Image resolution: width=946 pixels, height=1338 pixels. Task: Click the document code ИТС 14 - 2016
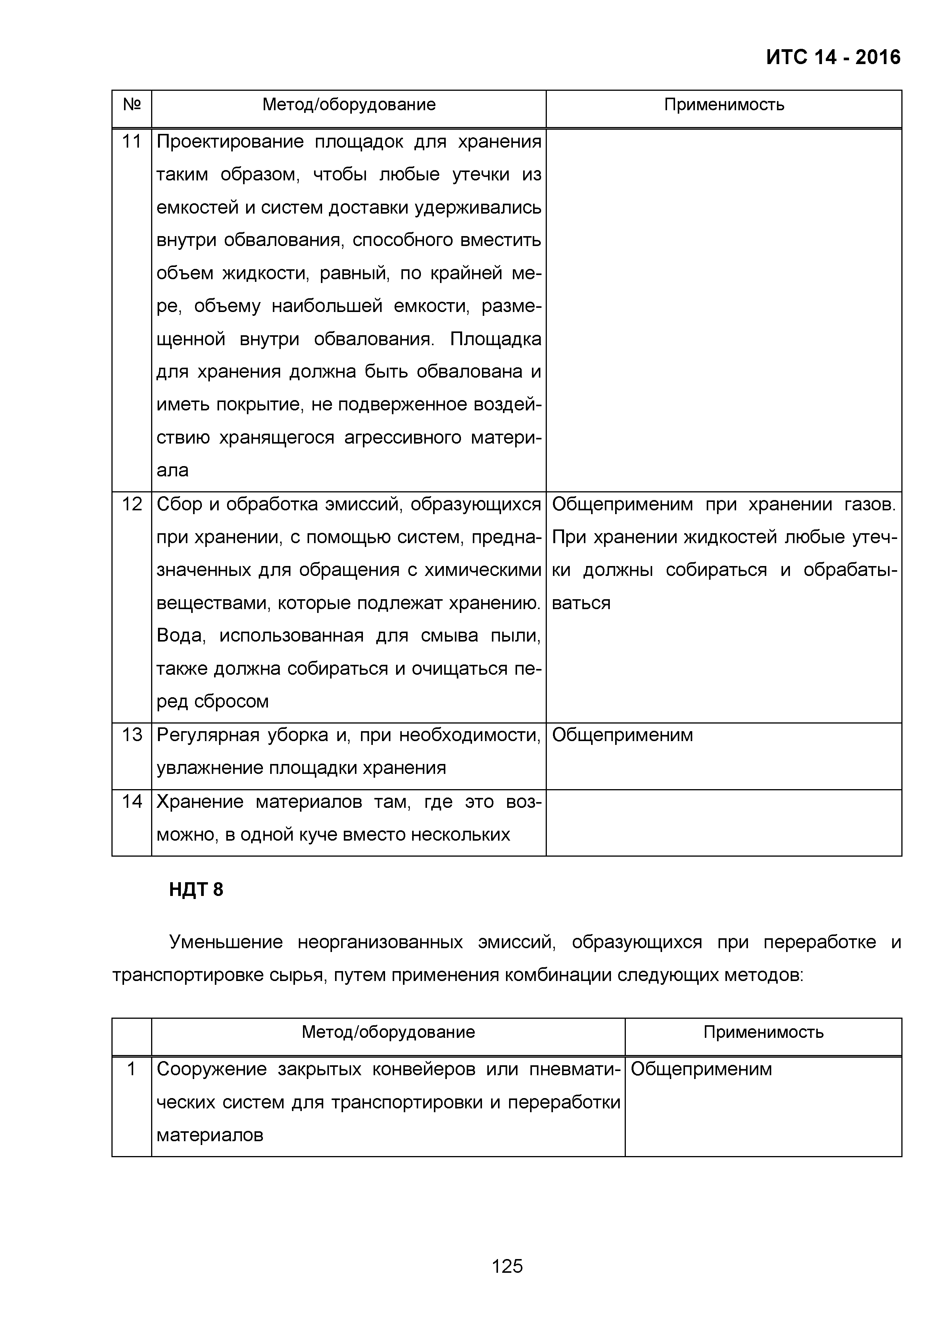point(833,57)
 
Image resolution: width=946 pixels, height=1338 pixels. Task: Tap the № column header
point(132,105)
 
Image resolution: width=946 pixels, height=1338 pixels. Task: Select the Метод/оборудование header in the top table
point(348,105)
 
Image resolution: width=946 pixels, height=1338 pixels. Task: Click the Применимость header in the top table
point(724,105)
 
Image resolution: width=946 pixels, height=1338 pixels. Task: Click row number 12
point(132,504)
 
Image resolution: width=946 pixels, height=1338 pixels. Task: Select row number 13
point(132,735)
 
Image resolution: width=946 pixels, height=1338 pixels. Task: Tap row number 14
point(132,802)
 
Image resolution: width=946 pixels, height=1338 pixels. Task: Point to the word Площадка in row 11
point(495,339)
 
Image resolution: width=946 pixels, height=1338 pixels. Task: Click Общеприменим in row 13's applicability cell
point(622,735)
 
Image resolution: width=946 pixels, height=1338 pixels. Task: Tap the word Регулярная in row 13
point(208,735)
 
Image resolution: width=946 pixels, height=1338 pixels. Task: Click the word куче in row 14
point(319,835)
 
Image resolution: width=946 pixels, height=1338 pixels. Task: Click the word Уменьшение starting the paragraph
point(226,942)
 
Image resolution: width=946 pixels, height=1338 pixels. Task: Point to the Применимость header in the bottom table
point(763,1032)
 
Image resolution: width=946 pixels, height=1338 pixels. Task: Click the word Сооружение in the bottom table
point(211,1069)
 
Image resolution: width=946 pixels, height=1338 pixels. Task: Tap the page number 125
point(507,1266)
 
